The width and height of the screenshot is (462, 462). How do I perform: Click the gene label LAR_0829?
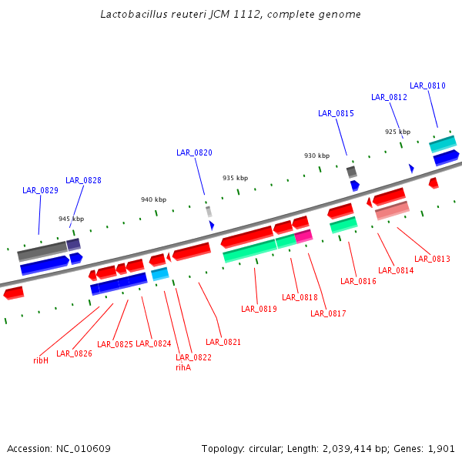(40, 190)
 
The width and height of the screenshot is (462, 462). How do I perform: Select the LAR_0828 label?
(83, 180)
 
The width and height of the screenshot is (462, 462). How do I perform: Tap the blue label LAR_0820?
(194, 152)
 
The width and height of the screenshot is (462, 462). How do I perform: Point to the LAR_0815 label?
(336, 113)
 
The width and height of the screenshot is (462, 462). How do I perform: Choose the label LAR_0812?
(389, 97)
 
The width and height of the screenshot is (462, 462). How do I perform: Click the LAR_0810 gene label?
(427, 85)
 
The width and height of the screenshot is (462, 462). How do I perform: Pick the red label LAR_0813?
(432, 259)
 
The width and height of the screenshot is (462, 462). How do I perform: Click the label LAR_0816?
(358, 281)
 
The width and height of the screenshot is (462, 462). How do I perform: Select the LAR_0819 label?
(259, 309)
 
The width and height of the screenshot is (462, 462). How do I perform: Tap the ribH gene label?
(41, 360)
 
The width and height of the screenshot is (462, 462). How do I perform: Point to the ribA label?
(183, 367)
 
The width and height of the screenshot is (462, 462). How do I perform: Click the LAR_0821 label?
(223, 342)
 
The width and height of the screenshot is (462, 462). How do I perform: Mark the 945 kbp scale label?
(72, 219)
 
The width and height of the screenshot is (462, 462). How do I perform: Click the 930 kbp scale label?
(316, 156)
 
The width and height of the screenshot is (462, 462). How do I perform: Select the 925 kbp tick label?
(398, 132)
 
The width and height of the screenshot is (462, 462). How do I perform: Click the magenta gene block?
(303, 236)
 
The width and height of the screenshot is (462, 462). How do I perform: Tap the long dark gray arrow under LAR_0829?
(42, 250)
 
